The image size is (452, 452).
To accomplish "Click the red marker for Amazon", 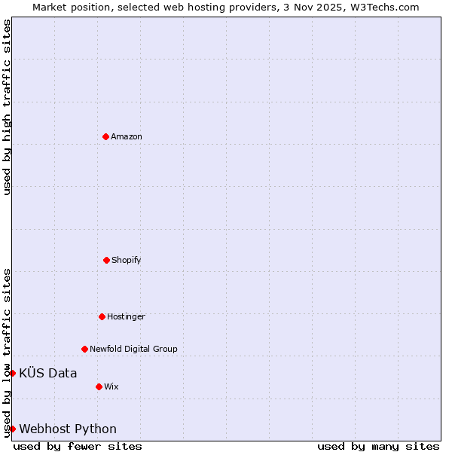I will (x=105, y=136).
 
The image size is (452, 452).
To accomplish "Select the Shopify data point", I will (x=106, y=260).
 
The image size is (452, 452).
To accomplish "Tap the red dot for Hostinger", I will (x=102, y=316).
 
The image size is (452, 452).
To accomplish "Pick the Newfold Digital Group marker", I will (x=84, y=349).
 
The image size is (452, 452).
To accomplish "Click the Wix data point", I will (x=99, y=386).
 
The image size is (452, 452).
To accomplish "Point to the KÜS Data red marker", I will (x=12, y=373).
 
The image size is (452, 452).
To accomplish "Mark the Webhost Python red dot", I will (x=12, y=429).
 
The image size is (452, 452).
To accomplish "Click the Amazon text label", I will (x=127, y=136).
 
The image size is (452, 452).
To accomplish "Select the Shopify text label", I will (x=127, y=260).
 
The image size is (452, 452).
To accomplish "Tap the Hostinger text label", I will (x=126, y=316).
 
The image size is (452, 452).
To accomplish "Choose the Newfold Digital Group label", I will (x=133, y=349).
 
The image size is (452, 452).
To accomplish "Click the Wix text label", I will (x=111, y=386).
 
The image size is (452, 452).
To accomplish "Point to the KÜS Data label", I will (x=48, y=373).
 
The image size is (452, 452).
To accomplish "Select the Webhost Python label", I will (x=68, y=429).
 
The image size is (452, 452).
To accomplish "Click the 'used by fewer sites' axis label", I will (x=78, y=446).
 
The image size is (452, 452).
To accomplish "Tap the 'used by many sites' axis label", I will (x=378, y=446).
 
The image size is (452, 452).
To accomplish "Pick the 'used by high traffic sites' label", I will (x=7, y=107).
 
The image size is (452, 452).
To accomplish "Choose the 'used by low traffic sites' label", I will (x=7, y=352).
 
